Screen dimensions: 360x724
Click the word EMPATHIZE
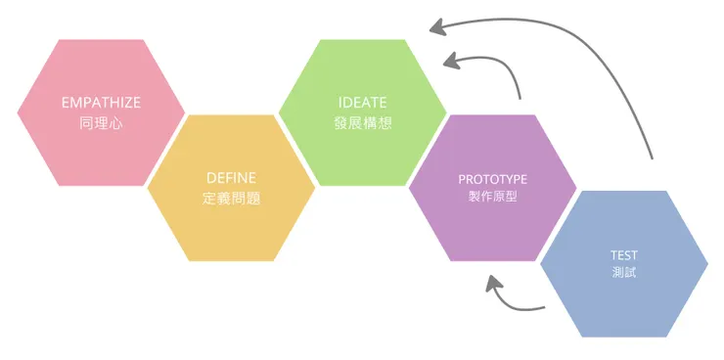[101, 103]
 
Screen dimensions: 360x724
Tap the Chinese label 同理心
[101, 124]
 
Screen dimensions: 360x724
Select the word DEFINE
[232, 178]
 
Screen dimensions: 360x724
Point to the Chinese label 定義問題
[232, 199]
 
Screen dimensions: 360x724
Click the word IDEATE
[362, 103]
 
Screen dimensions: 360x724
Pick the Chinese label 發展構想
[362, 124]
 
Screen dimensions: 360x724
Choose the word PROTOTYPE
[492, 180]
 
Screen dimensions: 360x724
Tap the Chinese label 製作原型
[492, 199]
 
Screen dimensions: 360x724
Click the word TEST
[623, 255]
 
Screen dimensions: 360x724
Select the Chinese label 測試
[623, 273]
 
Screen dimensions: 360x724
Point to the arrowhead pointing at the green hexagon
[451, 62]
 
